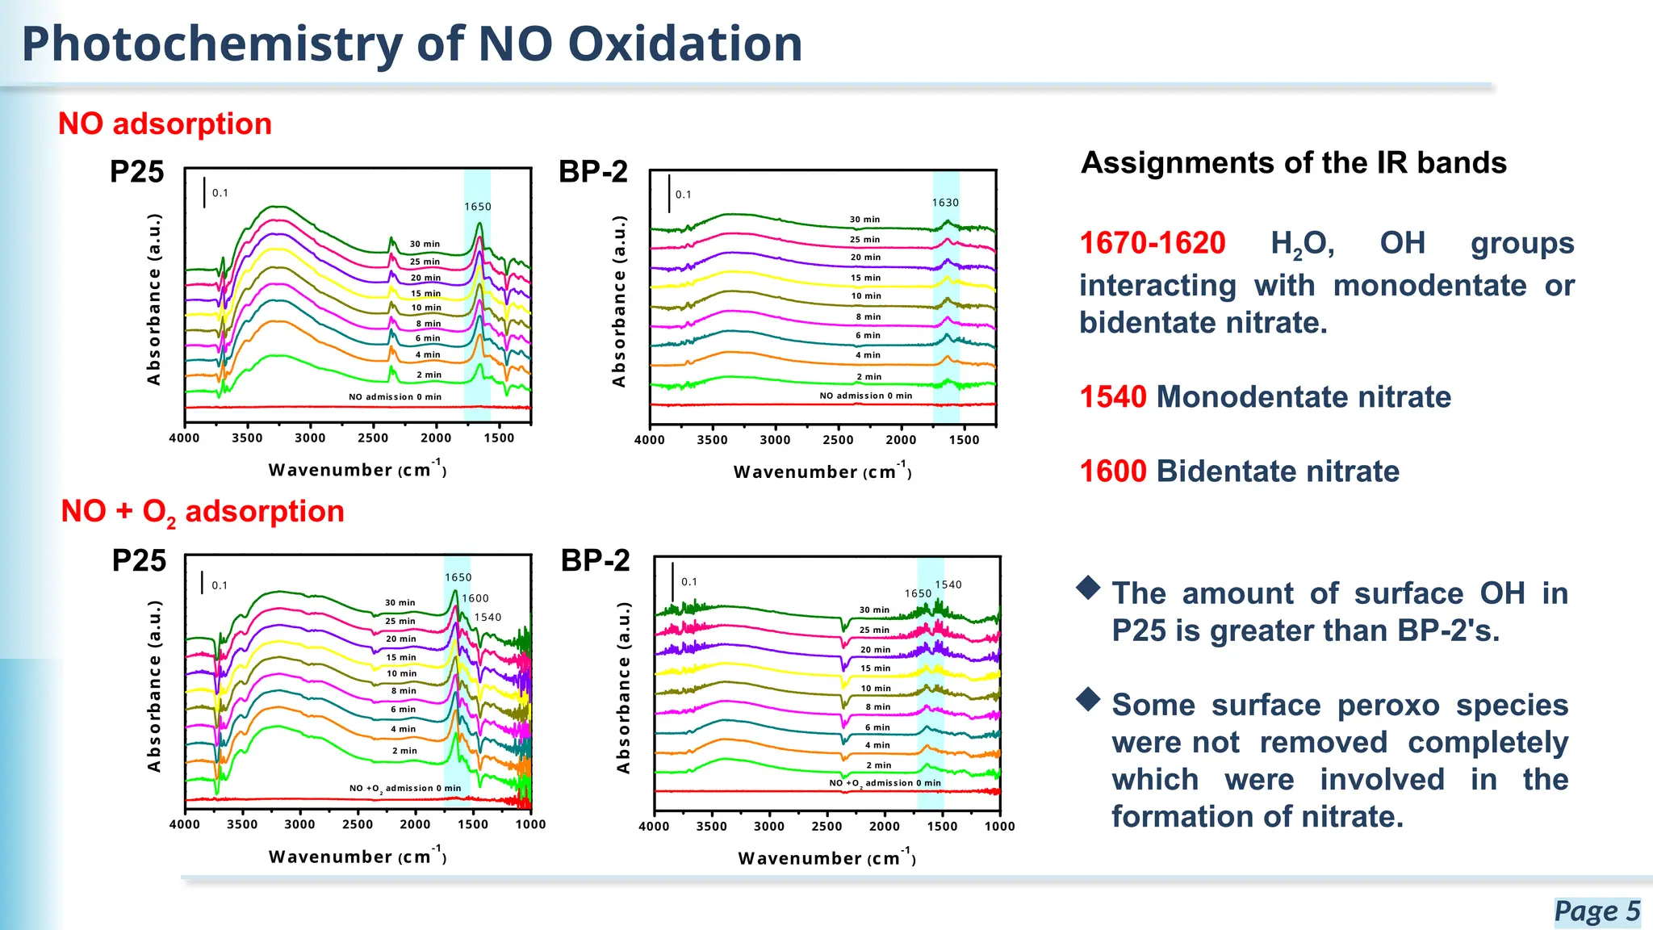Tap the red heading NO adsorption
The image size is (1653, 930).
(165, 124)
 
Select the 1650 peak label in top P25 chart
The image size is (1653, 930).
(478, 207)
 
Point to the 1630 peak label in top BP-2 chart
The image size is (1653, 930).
(945, 203)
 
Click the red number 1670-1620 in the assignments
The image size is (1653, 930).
(1153, 243)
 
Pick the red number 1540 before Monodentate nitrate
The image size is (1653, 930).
(1113, 397)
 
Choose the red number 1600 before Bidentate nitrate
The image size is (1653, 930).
(1113, 471)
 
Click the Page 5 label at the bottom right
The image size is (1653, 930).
(1597, 911)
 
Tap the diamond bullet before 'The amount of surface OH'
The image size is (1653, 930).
(1089, 588)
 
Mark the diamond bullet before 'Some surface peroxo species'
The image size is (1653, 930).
(1089, 699)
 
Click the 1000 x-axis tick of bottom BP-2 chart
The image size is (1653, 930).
(999, 826)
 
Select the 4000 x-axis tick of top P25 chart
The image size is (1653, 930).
(184, 438)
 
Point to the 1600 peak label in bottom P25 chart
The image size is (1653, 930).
(475, 598)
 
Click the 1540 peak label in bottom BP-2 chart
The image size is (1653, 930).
(948, 584)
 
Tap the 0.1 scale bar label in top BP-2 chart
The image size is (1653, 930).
(683, 195)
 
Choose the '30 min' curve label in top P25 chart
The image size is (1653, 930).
(425, 244)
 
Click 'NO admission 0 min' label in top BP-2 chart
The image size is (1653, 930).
(865, 396)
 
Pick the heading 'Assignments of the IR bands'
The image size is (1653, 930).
(1293, 163)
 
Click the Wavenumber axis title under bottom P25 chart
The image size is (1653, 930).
(357, 857)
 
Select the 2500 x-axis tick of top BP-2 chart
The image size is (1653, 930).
(838, 440)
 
